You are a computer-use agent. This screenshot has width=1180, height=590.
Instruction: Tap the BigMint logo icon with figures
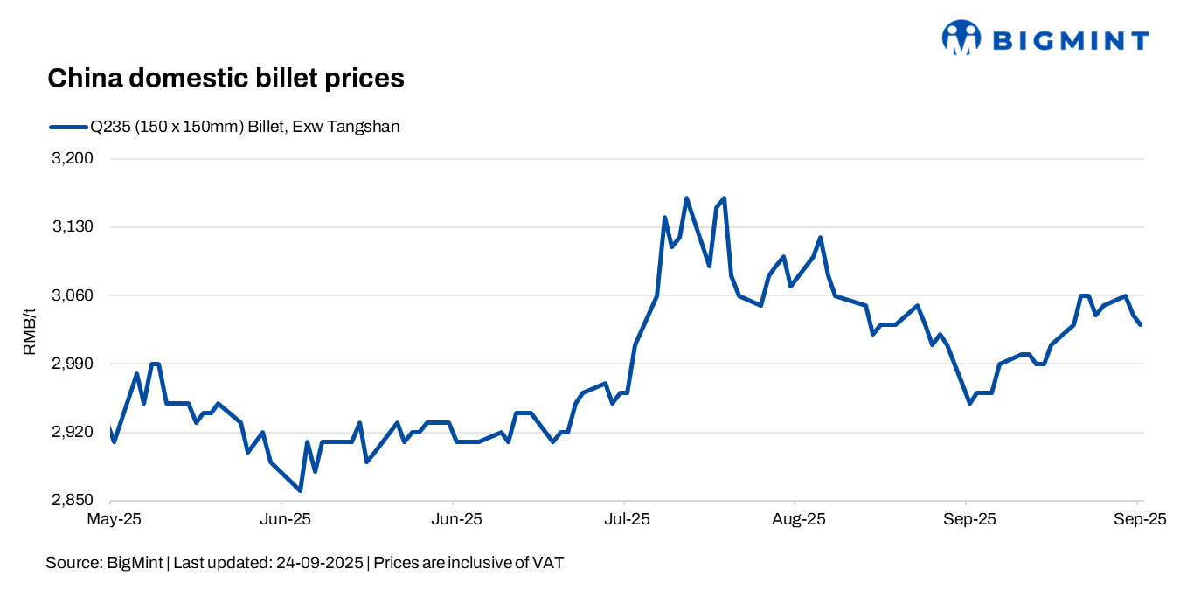pos(961,38)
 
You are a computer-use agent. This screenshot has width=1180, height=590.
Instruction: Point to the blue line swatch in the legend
pos(68,127)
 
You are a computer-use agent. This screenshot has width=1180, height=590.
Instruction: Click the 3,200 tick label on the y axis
pos(74,159)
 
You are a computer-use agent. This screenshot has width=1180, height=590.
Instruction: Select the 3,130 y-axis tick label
pos(74,227)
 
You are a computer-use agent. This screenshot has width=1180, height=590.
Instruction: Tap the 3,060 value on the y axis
pos(74,295)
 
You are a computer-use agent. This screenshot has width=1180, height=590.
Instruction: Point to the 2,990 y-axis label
pos(74,364)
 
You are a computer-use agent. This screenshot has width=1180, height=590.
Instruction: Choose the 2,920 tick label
pos(74,433)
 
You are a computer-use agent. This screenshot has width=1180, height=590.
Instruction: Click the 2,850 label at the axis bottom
pos(74,501)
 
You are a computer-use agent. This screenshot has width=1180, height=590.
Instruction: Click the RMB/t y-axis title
pos(30,330)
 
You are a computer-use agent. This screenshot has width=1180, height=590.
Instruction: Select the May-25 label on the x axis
pos(114,518)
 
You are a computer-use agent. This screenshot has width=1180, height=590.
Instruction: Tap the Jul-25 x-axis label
pos(627,518)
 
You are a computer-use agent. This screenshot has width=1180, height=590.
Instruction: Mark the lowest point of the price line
pos(301,490)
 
